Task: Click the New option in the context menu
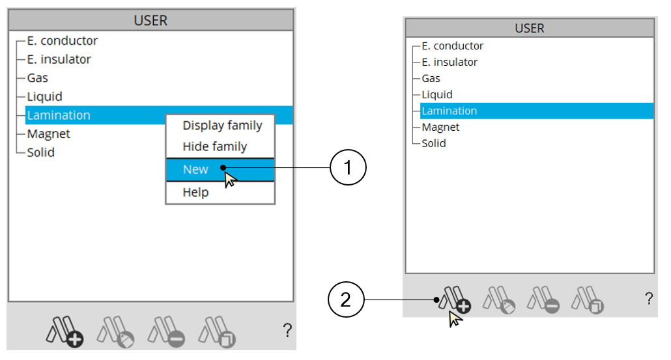coord(195,169)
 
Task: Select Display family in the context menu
coord(222,126)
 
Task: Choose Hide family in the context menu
coord(214,146)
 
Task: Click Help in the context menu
coord(195,192)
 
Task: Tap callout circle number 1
coord(348,168)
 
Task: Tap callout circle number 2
coord(346,299)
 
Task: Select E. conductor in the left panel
coord(62,40)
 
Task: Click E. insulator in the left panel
coord(59,59)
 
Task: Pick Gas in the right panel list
coord(431,78)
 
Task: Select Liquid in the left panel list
coord(44,96)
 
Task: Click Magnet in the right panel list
coord(440,127)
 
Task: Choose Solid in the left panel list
coord(40,152)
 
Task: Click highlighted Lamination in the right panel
coord(450,111)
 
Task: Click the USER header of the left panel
coord(150,20)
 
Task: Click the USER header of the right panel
coord(529,29)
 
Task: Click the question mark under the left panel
coord(287,331)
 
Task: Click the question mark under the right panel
coord(648,299)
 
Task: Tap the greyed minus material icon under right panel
coord(543,301)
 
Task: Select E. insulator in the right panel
coord(450,62)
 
